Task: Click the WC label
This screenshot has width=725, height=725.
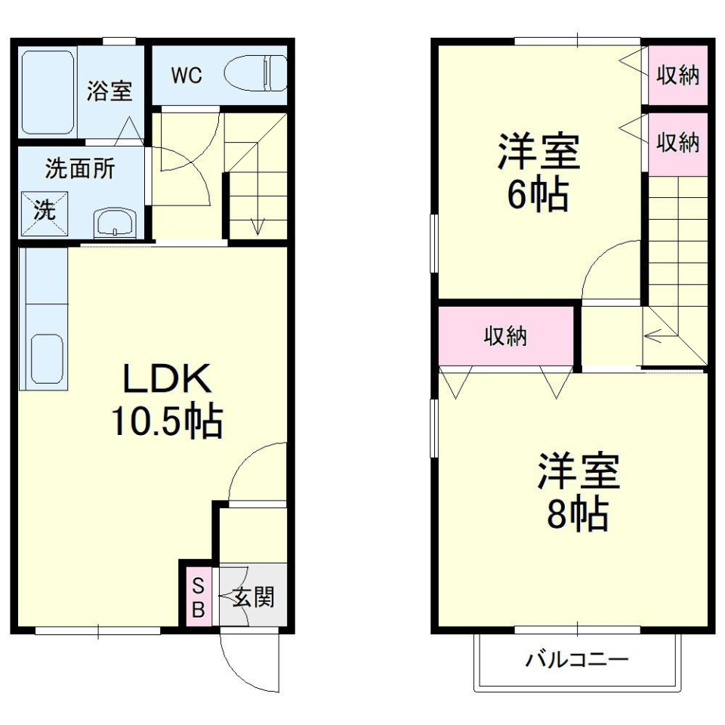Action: pos(186,76)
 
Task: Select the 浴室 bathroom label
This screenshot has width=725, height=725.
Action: pos(110,91)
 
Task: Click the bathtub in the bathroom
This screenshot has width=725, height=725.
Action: pos(47,92)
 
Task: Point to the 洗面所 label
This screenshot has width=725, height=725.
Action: pos(80,168)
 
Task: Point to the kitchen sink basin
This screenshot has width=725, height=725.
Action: pos(47,356)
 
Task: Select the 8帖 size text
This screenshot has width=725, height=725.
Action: pos(578,514)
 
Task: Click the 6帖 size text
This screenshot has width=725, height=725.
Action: pos(537,194)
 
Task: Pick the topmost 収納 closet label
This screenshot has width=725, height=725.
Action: pos(677,76)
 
